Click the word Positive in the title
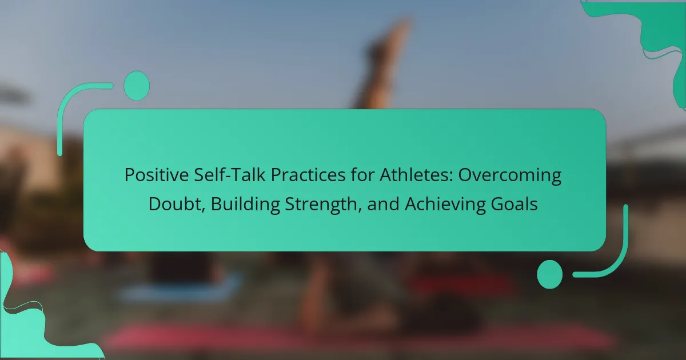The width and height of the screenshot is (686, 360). click(x=157, y=175)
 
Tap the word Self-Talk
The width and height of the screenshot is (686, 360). click(x=230, y=175)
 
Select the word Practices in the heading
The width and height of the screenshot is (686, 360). click(x=308, y=175)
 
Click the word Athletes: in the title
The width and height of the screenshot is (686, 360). click(x=416, y=175)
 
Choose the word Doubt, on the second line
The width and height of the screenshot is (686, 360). click(x=177, y=204)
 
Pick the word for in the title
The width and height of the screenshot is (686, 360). click(x=362, y=175)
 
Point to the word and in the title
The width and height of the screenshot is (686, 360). click(x=383, y=204)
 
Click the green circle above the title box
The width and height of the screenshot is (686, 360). click(x=137, y=86)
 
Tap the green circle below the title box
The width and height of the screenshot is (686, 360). click(x=550, y=274)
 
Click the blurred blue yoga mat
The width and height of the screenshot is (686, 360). click(x=181, y=289)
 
